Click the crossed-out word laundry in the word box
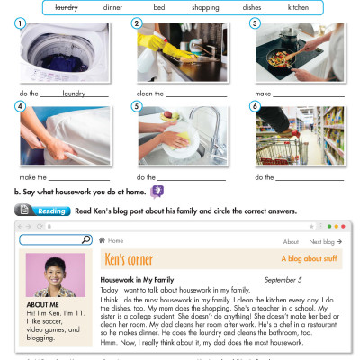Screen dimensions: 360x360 pos(66,7)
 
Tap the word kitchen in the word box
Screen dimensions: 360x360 pos(298,7)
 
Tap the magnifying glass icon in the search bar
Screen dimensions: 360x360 pos(86,240)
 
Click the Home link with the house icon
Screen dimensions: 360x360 pos(112,241)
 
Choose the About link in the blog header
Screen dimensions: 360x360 pos(291,242)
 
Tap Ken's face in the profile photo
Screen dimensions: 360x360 pos(50,271)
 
